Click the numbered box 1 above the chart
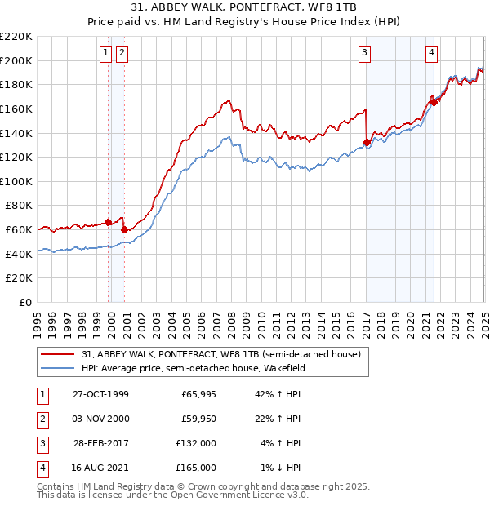click(106, 53)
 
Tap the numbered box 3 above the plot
click(364, 53)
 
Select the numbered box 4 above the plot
click(431, 53)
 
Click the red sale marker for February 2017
click(367, 143)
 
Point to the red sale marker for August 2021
click(434, 102)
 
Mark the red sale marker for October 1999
click(109, 222)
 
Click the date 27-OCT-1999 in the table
click(100, 395)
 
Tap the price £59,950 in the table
click(198, 419)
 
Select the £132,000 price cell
click(197, 443)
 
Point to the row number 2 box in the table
click(41, 419)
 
